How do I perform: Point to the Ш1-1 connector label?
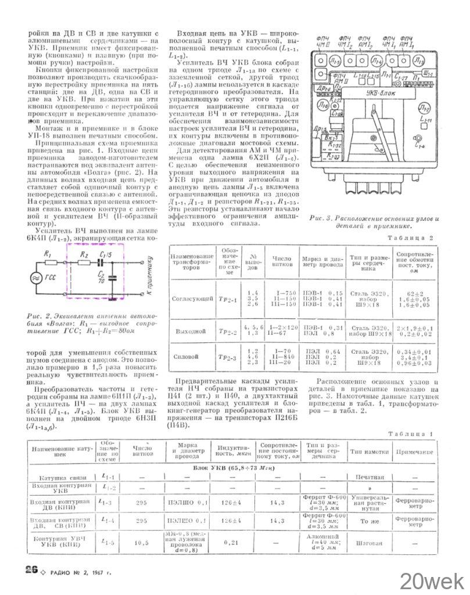coord(429,73)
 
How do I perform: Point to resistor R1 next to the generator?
coord(49,263)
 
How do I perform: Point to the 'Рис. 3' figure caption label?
coord(320,218)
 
